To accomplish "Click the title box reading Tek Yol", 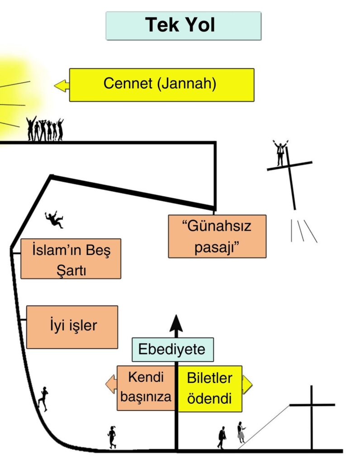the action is [x=184, y=26].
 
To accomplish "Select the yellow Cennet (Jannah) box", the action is [x=161, y=85].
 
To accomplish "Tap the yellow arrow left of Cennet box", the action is [x=62, y=85].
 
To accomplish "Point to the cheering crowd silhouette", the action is [x=45, y=128].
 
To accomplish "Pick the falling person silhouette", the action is [x=54, y=219].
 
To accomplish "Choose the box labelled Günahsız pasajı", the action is [x=217, y=236].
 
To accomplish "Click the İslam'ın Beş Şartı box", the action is [x=71, y=259].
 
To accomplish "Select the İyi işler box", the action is [x=72, y=327].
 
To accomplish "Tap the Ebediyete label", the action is [x=172, y=350].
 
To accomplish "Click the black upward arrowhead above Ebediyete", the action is [x=176, y=323].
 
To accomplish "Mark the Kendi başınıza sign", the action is [x=146, y=388].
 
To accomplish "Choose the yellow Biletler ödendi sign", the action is [x=210, y=388].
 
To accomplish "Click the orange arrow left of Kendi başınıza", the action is [x=111, y=384].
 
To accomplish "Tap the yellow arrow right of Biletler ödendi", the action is [x=247, y=384].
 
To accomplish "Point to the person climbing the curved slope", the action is [x=43, y=399].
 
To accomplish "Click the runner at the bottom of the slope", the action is [x=112, y=437].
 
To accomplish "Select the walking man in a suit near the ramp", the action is [x=222, y=437].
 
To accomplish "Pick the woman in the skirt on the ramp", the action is [x=241, y=432].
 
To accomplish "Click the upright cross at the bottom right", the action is [x=312, y=417].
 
